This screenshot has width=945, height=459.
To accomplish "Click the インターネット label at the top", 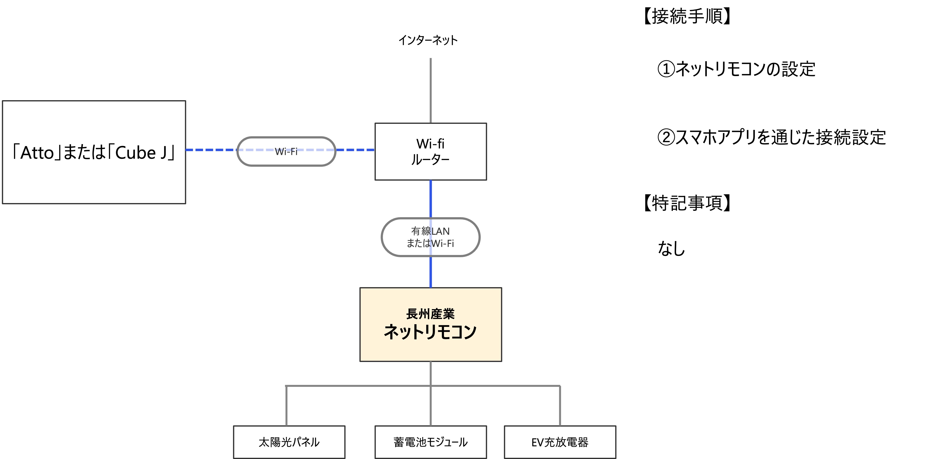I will (x=428, y=40).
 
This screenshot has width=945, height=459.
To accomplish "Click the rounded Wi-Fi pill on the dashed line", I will (x=286, y=151).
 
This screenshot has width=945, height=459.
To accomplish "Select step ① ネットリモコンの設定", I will (x=737, y=69).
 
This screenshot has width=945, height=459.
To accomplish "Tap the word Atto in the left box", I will (x=37, y=153).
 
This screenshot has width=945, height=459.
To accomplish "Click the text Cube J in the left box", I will (x=141, y=153).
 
